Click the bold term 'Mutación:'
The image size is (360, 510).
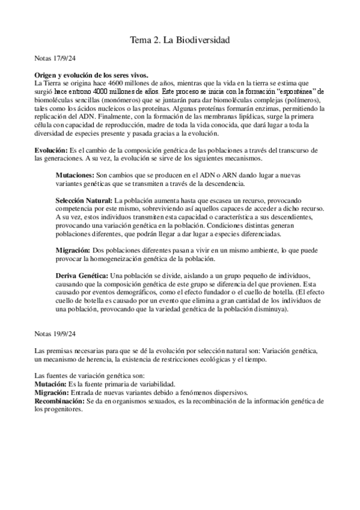coord(50,384)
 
